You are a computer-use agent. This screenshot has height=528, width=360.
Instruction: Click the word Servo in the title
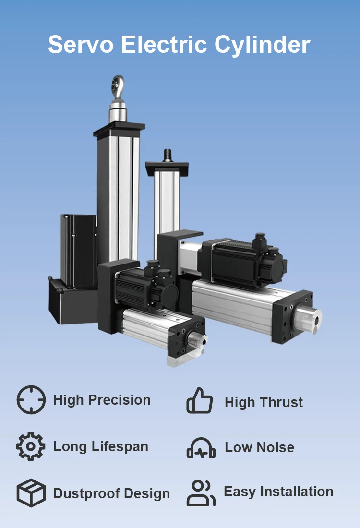pyautogui.click(x=80, y=45)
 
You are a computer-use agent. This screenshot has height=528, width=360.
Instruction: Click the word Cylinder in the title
pyautogui.click(x=262, y=45)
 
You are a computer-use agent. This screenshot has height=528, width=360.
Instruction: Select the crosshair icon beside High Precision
pyautogui.click(x=31, y=400)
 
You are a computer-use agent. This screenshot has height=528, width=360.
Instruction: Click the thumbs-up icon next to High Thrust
pyautogui.click(x=200, y=401)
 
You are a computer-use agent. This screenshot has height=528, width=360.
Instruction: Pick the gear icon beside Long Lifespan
pyautogui.click(x=31, y=446)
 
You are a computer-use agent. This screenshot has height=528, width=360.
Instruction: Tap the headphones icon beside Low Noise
pyautogui.click(x=201, y=447)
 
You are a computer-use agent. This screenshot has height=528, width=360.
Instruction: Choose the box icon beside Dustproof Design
pyautogui.click(x=31, y=492)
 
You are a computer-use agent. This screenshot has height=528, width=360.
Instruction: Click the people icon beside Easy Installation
pyautogui.click(x=201, y=492)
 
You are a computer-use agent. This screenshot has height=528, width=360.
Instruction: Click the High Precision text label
pyautogui.click(x=102, y=400)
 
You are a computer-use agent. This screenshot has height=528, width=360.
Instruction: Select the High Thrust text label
pyautogui.click(x=264, y=402)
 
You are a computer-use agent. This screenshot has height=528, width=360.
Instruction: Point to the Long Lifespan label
pyautogui.click(x=101, y=446)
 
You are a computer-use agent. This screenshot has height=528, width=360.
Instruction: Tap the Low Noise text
pyautogui.click(x=259, y=447)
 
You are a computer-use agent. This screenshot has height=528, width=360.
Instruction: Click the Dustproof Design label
pyautogui.click(x=111, y=493)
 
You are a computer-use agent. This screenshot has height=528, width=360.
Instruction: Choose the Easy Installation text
pyautogui.click(x=278, y=492)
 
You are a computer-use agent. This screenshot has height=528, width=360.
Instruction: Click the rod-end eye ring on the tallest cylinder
pyautogui.click(x=118, y=85)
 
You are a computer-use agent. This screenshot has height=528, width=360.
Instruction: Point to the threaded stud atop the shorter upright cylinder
pyautogui.click(x=168, y=155)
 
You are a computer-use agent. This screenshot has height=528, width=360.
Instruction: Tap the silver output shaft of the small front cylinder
pyautogui.click(x=198, y=340)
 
